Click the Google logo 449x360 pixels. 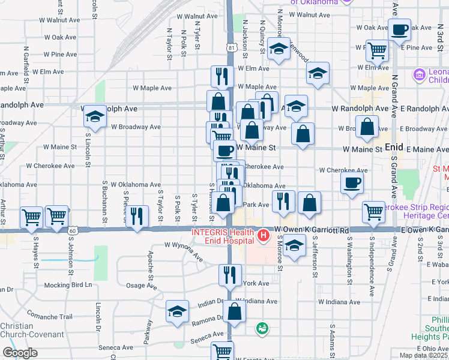click(x=19, y=353)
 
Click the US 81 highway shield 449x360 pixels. click(x=232, y=46)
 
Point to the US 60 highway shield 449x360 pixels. click(x=73, y=230)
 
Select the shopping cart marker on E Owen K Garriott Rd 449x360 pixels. click(x=374, y=212)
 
